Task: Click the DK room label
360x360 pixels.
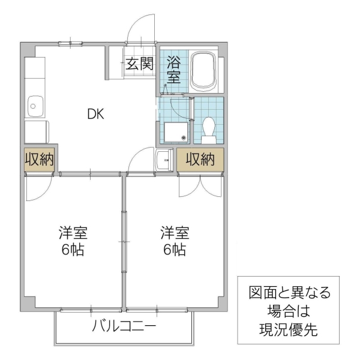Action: pyautogui.click(x=96, y=114)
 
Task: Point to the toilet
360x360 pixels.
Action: pyautogui.click(x=209, y=128)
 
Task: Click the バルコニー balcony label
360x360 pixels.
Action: pyautogui.click(x=124, y=327)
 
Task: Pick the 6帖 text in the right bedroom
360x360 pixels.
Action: pyautogui.click(x=173, y=250)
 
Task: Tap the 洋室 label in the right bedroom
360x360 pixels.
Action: pyautogui.click(x=173, y=232)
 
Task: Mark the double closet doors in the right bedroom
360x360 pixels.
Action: pyautogui.click(x=200, y=185)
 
